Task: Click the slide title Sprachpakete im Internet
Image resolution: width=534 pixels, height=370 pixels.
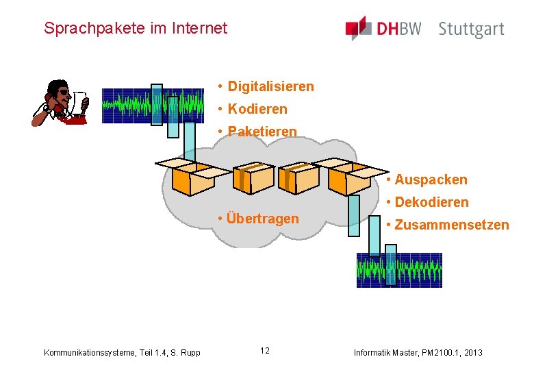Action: pos(135,28)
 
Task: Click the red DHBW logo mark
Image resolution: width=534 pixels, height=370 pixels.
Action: pos(357,29)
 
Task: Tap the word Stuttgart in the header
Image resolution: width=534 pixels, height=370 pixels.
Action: pos(471,29)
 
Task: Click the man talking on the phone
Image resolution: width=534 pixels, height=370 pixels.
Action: pos(61,103)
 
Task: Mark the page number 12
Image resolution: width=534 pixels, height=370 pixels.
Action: pos(264,351)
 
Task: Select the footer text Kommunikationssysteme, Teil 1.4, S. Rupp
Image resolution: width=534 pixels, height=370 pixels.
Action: pos(122,352)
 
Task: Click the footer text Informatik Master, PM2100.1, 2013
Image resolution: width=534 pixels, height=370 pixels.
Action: pos(418,352)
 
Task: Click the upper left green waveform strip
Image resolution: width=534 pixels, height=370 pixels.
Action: pos(153,105)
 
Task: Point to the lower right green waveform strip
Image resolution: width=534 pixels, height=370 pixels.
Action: pos(399,270)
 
